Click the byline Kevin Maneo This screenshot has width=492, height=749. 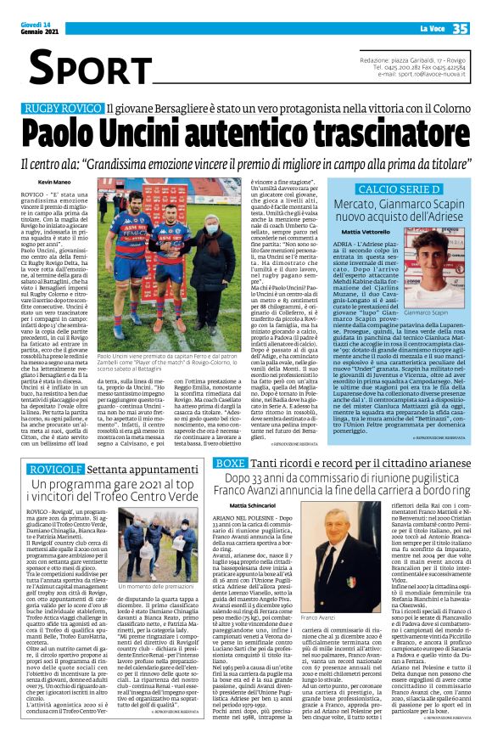tap(54, 181)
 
